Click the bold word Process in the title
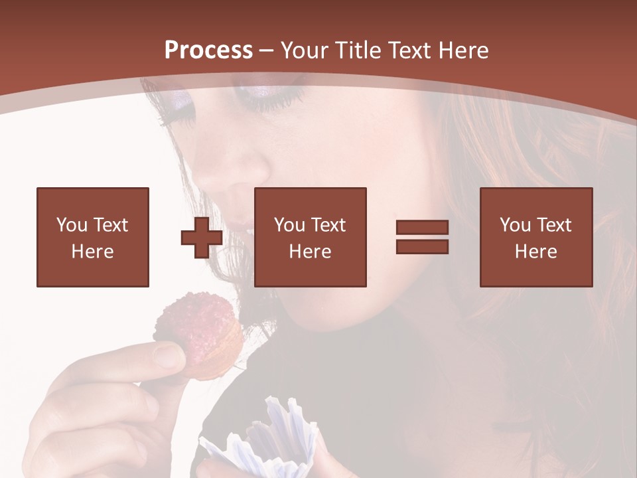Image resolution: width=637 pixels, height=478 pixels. coord(208,50)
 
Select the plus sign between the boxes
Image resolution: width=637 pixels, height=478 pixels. coord(202,238)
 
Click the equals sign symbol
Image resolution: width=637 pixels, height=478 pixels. coord(422,237)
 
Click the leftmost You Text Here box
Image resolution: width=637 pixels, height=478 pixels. coord(93,237)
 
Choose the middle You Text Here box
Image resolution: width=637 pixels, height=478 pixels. coord(311,237)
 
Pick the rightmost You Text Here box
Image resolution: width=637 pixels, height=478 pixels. coord(536,237)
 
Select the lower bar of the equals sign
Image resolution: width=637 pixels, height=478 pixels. coord(422,246)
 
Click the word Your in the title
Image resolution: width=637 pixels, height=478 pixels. coord(307,50)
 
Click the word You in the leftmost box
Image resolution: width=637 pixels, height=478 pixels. coord(72,225)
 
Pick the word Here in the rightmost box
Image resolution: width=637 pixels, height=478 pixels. coord(536,252)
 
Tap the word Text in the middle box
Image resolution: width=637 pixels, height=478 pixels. coord(328,225)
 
